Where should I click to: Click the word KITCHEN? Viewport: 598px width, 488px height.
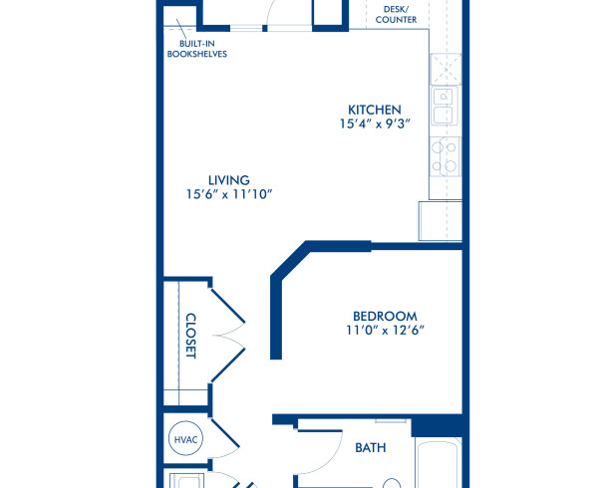pos(374,110)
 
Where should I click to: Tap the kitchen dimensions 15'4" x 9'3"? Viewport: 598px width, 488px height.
pos(374,125)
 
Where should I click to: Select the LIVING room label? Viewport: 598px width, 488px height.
pos(229,179)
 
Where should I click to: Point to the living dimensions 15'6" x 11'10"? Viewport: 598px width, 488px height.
pos(229,195)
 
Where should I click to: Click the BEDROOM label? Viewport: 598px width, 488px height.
pos(382,316)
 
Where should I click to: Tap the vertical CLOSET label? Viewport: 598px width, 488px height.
pos(190,337)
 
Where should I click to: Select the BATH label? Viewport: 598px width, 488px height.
pos(371,448)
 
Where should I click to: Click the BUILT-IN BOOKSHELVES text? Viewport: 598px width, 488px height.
pos(197,49)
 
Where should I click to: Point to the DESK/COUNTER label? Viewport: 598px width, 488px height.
pos(396,13)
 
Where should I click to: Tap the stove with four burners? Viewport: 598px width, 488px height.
pos(445,157)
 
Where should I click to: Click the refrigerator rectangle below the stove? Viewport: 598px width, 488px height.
pos(440,220)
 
